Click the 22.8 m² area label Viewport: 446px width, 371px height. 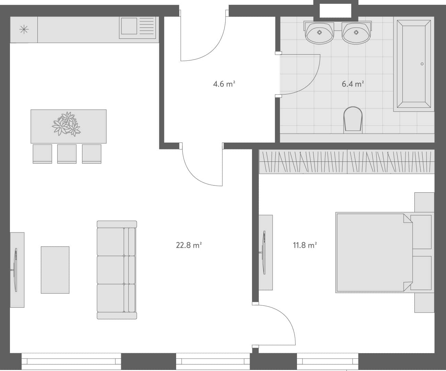188,245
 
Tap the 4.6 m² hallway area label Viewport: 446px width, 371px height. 224,84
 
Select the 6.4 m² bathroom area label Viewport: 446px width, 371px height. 353,84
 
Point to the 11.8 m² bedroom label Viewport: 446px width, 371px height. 305,245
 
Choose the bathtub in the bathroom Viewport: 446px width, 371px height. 414,65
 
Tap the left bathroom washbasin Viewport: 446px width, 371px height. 320,33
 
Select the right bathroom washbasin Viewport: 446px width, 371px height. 356,33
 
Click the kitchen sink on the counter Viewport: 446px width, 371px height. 129,26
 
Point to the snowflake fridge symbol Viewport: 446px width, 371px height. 24,30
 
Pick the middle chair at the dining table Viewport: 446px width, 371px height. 67,154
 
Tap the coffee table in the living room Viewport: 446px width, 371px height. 55,270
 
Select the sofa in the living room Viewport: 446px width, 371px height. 117,270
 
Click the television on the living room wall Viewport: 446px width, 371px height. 15,270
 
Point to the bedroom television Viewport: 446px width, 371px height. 264,253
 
